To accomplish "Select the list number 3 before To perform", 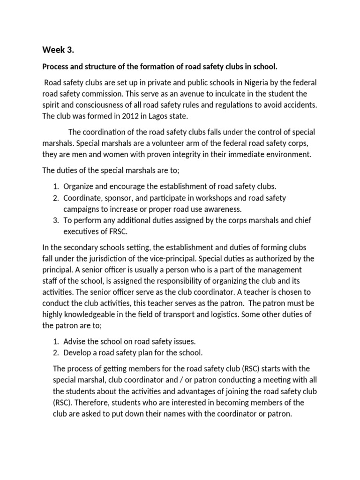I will (55, 220).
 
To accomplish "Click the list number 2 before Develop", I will (55, 353).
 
